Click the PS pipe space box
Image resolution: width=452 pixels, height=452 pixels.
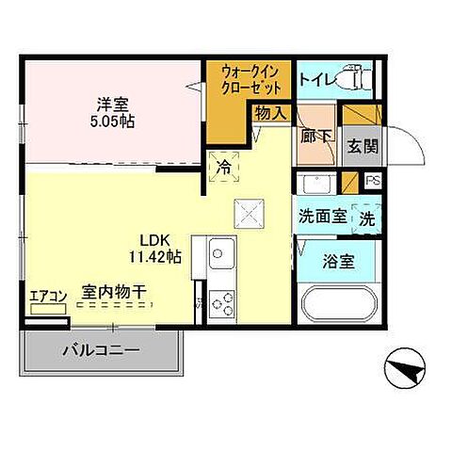pyautogui.click(x=373, y=181)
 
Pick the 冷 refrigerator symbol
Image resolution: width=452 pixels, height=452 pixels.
pyautogui.click(x=224, y=165)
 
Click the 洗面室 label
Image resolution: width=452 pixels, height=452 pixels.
pyautogui.click(x=322, y=216)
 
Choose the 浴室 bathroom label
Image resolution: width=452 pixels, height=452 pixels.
pyautogui.click(x=339, y=262)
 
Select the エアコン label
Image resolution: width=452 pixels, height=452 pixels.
pyautogui.click(x=47, y=296)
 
